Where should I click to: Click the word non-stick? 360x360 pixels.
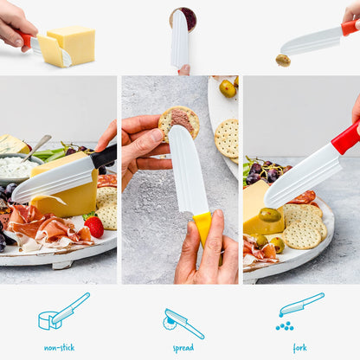tap(59, 347)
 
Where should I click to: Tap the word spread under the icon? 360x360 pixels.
tap(183, 347)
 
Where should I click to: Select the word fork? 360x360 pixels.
tap(299, 347)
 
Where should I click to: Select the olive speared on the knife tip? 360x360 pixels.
tap(283, 61)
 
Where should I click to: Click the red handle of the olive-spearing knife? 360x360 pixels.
tap(350, 28)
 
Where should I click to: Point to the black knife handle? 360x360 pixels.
tap(104, 156)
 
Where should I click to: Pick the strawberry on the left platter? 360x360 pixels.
tap(93, 226)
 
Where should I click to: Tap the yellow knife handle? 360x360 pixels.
tap(203, 228)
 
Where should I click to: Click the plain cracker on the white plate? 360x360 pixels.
tap(226, 138)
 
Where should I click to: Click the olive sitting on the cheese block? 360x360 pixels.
tap(270, 215)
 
